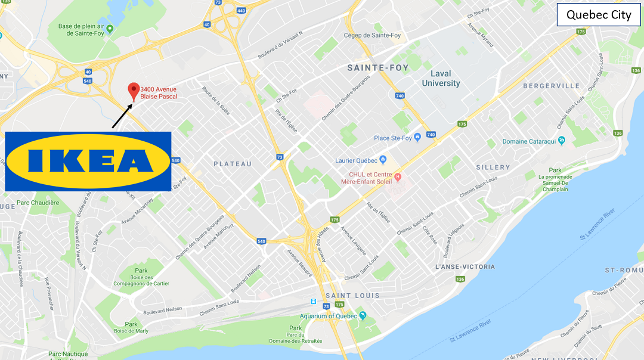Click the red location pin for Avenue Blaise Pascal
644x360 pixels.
(x=134, y=91)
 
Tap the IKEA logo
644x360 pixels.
(x=88, y=162)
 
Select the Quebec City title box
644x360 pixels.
(x=598, y=15)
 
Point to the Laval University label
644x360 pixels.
(x=441, y=79)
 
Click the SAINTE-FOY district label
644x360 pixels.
(x=378, y=68)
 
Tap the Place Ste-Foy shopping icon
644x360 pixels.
(x=417, y=138)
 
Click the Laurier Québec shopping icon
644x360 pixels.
(x=383, y=160)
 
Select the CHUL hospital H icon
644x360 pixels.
(x=398, y=177)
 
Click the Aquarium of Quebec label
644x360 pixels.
(x=328, y=316)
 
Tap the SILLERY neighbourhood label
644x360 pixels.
(x=493, y=167)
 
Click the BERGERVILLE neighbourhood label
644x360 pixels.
(x=551, y=86)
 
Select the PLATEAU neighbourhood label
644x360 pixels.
(x=233, y=164)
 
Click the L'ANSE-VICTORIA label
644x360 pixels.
(x=465, y=267)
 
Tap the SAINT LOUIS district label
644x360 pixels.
(x=352, y=296)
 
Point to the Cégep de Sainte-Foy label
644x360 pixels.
(x=372, y=35)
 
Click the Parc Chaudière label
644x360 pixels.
(x=38, y=203)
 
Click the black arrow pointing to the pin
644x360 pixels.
(x=122, y=116)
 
